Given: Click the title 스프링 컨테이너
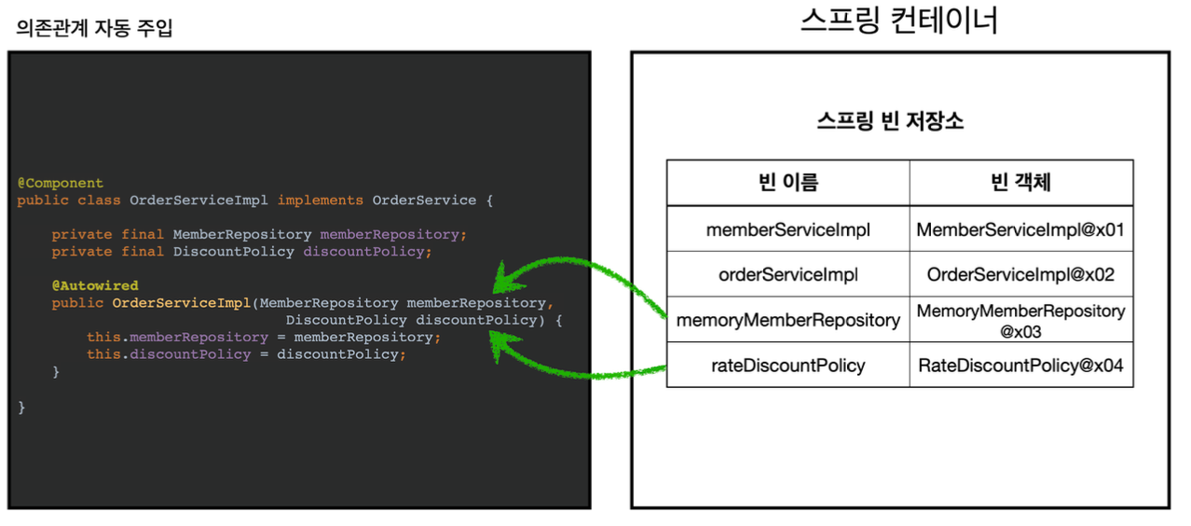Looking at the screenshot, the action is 898,21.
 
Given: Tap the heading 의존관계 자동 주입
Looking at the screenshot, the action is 94,29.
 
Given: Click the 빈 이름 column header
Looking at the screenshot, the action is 787,183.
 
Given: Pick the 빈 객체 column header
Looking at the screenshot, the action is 1020,183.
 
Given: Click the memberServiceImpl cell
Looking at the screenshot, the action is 787,228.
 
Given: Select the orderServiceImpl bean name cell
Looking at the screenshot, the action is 787,274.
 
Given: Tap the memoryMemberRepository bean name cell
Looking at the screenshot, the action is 787,320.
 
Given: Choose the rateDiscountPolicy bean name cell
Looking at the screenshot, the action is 787,366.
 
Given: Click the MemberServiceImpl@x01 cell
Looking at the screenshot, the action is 1020,228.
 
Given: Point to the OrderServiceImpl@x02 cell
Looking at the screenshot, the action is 1020,274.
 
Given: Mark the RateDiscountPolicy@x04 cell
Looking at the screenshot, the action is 1020,366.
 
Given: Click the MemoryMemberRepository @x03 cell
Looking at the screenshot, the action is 1020,320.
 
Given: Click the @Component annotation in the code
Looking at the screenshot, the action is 60,183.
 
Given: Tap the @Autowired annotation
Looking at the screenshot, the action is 95,285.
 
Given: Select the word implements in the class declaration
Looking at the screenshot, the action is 320,200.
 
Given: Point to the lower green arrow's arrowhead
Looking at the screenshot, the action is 500,346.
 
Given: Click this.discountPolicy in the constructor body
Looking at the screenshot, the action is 169,354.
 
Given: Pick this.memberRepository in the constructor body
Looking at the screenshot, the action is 177,337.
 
